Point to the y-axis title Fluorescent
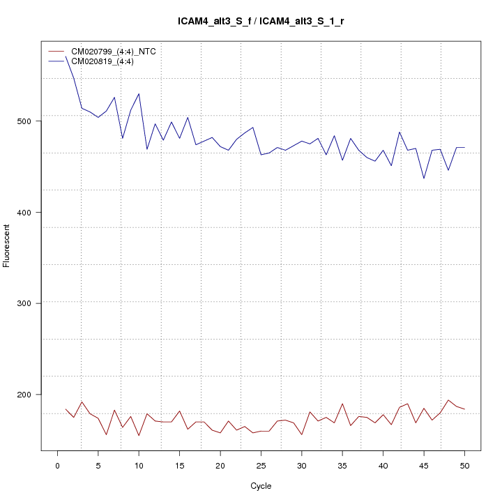point(7,245)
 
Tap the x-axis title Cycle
point(261,486)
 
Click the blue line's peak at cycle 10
point(139,93)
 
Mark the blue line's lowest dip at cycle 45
point(424,178)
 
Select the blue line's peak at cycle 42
point(400,132)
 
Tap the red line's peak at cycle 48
point(448,400)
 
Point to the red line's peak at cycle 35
point(342,404)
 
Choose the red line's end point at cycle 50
point(464,409)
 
